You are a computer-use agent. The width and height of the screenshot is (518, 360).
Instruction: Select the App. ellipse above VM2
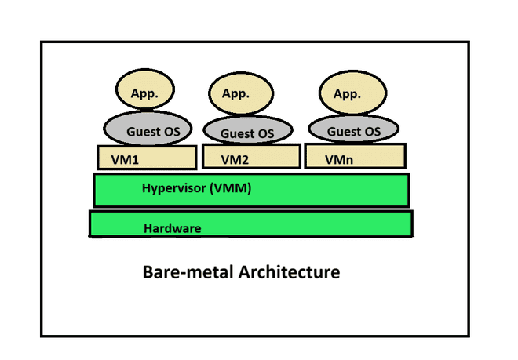(236, 93)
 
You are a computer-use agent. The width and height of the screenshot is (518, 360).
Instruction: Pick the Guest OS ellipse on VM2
(247, 132)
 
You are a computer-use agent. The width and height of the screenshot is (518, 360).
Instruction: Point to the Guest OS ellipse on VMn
(354, 129)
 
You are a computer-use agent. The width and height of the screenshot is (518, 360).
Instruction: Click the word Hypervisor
(177, 188)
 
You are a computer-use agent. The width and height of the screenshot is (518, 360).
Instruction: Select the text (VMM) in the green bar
(233, 188)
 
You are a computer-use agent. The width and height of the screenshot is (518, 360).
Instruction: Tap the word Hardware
(173, 228)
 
